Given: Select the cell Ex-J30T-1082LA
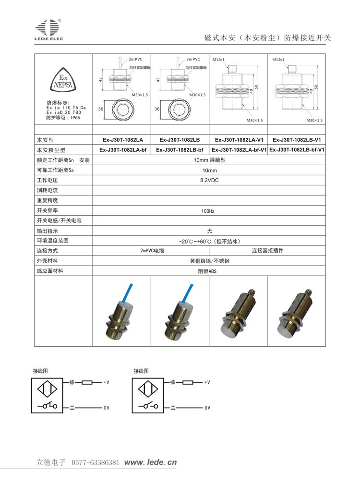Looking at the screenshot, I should point(122,140).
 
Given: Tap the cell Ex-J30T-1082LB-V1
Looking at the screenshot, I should point(296,140).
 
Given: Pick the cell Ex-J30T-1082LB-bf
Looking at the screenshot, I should point(180,150).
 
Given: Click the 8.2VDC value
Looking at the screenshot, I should point(209,180).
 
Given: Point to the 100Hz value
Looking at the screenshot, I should point(208,211).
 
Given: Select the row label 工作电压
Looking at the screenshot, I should point(47,180).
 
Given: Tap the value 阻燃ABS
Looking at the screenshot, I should point(208,271).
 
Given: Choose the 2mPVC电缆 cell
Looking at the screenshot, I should point(152,251).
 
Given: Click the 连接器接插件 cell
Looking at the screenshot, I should point(268,251).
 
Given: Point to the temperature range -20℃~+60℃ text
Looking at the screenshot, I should point(209,241).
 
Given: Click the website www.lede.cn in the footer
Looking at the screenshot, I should point(150,463).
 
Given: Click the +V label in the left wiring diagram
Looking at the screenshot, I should point(106,383).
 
